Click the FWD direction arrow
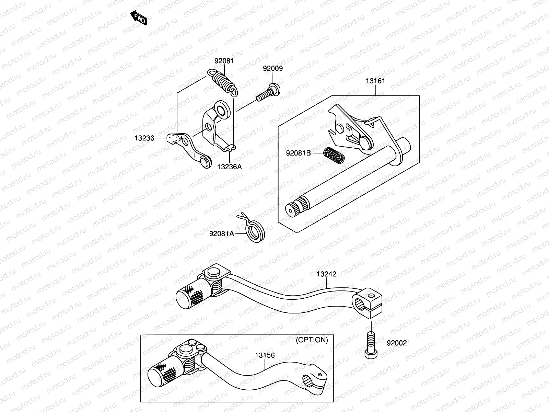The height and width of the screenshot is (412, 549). point(139,18)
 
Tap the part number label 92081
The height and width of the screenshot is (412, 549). point(224,61)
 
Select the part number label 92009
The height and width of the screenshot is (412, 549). point(273,69)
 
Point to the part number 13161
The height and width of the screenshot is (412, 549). point(375,81)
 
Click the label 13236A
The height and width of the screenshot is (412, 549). point(229,167)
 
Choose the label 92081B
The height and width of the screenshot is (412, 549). point(299,153)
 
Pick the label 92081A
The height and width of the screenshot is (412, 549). point(222,234)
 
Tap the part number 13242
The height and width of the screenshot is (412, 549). point(326,274)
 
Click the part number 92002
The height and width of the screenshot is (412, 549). point(397,343)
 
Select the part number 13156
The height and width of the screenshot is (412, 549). point(265,355)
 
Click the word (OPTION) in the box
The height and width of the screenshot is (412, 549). point(312,340)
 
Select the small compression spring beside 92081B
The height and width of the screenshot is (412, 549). point(334,156)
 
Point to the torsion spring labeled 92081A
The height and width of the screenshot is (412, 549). point(255,230)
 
